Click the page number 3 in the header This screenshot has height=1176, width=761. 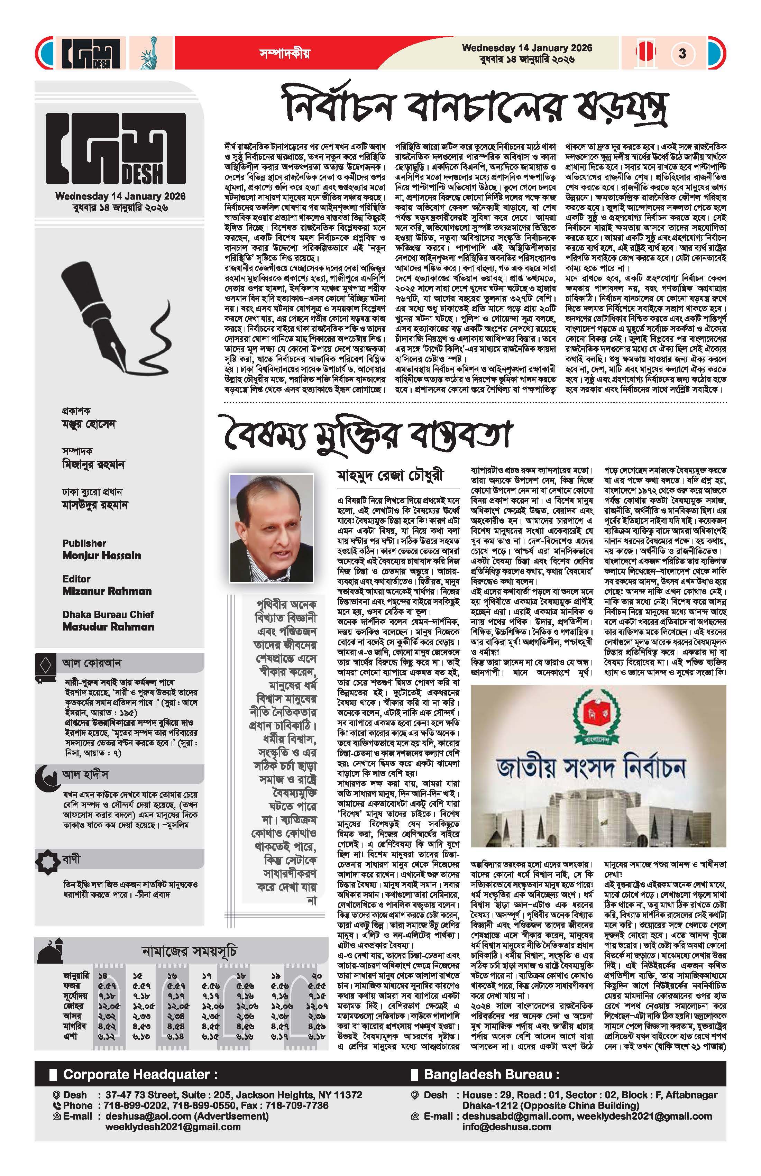(x=682, y=53)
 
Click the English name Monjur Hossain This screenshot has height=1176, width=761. (x=101, y=555)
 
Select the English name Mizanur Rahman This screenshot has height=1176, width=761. (x=107, y=591)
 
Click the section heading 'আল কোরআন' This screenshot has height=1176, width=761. (x=92, y=663)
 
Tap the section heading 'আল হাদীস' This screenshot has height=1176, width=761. (x=85, y=774)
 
